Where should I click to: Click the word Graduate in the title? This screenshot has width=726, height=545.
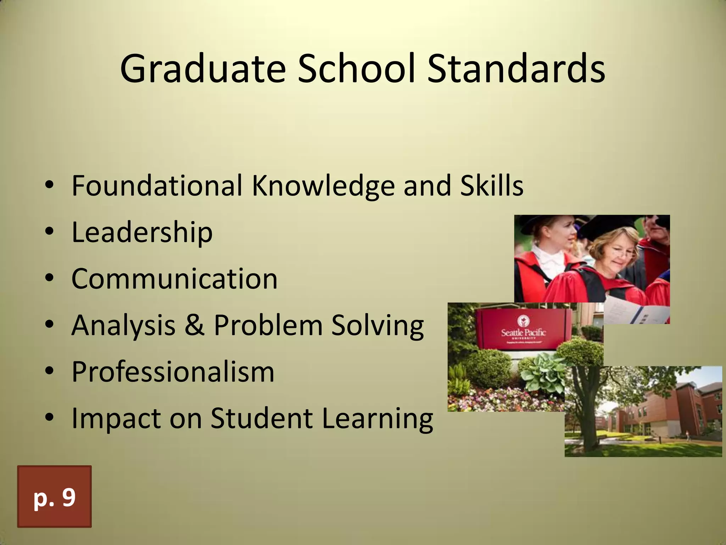click(203, 69)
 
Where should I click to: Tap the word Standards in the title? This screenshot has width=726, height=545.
click(516, 69)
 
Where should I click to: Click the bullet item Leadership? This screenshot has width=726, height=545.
click(142, 232)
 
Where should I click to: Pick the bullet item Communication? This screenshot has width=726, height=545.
click(174, 279)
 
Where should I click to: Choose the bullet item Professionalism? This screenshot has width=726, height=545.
click(173, 372)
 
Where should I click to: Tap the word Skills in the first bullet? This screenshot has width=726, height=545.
click(491, 186)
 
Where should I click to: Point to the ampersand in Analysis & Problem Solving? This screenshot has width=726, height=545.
click(195, 325)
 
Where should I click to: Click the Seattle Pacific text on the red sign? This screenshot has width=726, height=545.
click(523, 332)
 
